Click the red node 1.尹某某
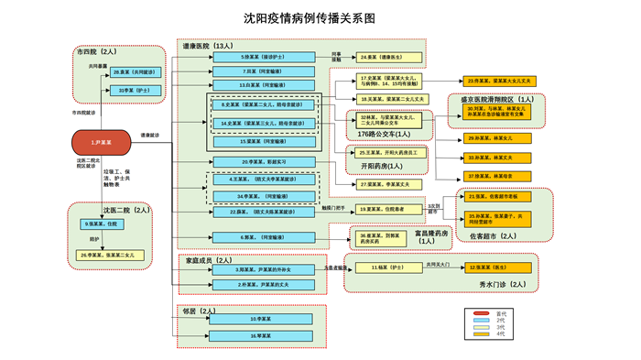[x=103, y=142]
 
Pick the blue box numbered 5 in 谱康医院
[x=261, y=57]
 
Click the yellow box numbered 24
[x=386, y=57]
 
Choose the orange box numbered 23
[x=499, y=81]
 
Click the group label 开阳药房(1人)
[x=382, y=166]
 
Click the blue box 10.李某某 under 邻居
[x=262, y=319]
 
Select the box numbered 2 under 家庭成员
[x=262, y=284]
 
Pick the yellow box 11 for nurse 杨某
[x=386, y=267]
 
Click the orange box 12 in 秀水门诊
[x=499, y=267]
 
